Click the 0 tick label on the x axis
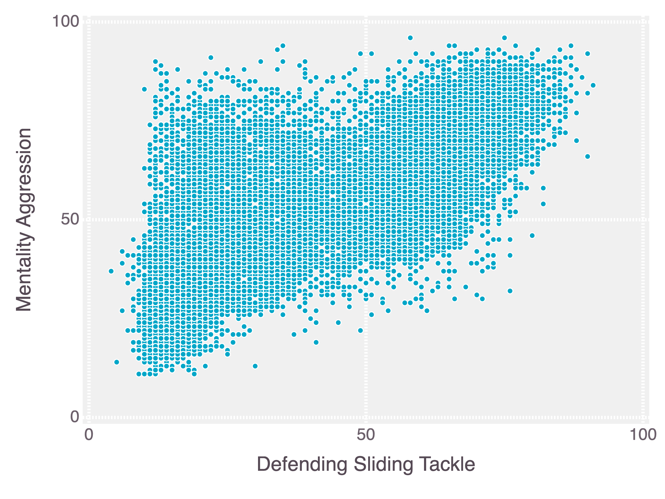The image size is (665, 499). (88, 435)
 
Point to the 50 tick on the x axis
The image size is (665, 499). (366, 435)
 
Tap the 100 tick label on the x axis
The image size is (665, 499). (643, 435)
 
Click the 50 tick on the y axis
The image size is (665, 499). (70, 219)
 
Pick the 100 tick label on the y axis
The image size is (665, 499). (65, 22)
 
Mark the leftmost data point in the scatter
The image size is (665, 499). (111, 271)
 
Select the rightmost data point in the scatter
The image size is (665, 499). (593, 85)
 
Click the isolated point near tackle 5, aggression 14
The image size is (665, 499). (117, 362)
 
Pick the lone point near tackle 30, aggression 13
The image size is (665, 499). (255, 366)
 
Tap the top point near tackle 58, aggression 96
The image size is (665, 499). (410, 38)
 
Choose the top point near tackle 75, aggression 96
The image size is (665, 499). (504, 38)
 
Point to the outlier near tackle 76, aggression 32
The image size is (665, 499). (510, 291)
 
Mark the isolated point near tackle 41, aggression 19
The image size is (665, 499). (316, 342)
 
